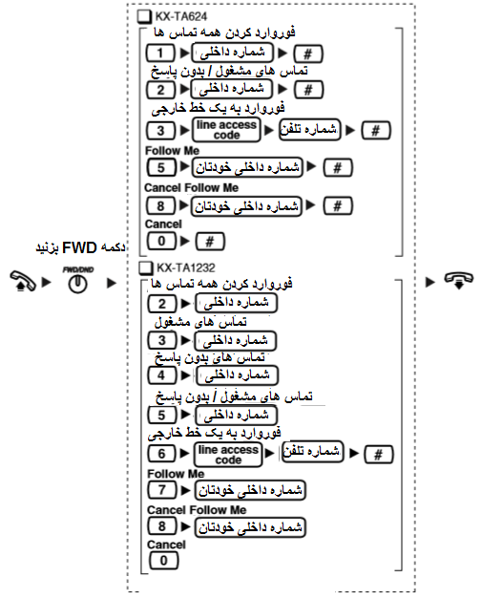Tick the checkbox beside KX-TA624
(x=144, y=17)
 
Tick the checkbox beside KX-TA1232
(x=146, y=267)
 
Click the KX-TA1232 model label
(x=186, y=267)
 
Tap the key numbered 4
(x=162, y=375)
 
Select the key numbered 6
(x=162, y=454)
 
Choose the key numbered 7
(x=162, y=490)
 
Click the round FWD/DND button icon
(x=78, y=285)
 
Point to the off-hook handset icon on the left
(x=23, y=281)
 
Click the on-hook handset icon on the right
(x=458, y=280)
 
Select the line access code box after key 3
(x=227, y=130)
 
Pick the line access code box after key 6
(x=228, y=455)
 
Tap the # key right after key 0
(x=210, y=242)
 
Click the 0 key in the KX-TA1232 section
(x=164, y=561)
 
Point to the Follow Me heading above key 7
(x=176, y=474)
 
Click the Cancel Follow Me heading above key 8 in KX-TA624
(x=191, y=188)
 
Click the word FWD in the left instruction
(x=79, y=248)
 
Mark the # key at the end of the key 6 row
(x=378, y=455)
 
